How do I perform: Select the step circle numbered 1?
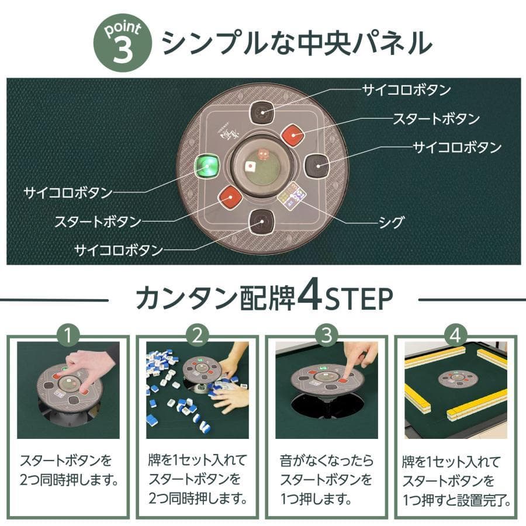coord(70,336)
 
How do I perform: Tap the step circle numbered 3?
coord(327,336)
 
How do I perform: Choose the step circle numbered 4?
coord(455,336)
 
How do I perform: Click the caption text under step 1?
coord(69,471)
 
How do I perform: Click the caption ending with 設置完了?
coord(456,481)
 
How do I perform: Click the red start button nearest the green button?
coord(230,197)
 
